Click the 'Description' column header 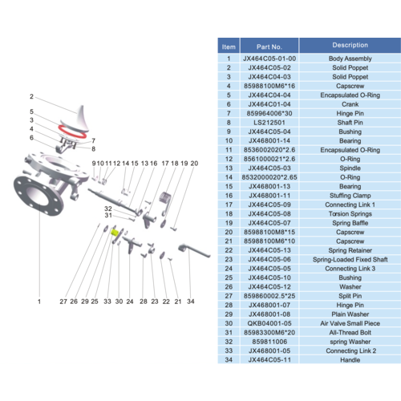(x=350, y=45)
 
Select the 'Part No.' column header (x=269, y=47)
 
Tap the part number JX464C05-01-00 (x=269, y=59)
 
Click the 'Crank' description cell (x=350, y=104)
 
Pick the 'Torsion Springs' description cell (x=350, y=214)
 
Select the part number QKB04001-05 (x=269, y=323)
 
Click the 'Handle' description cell (x=350, y=360)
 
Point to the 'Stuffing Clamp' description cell (x=350, y=196)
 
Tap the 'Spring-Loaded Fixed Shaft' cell (x=350, y=260)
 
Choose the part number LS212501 (x=269, y=123)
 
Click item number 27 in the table (x=229, y=296)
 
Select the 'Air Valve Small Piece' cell (x=350, y=323)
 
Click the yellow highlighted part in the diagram (x=115, y=233)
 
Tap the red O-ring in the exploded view (x=73, y=132)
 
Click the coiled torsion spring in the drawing (x=165, y=198)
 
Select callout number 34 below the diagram (x=191, y=302)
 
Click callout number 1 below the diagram (x=39, y=302)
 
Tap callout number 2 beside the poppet (x=31, y=96)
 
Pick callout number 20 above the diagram (x=194, y=164)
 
